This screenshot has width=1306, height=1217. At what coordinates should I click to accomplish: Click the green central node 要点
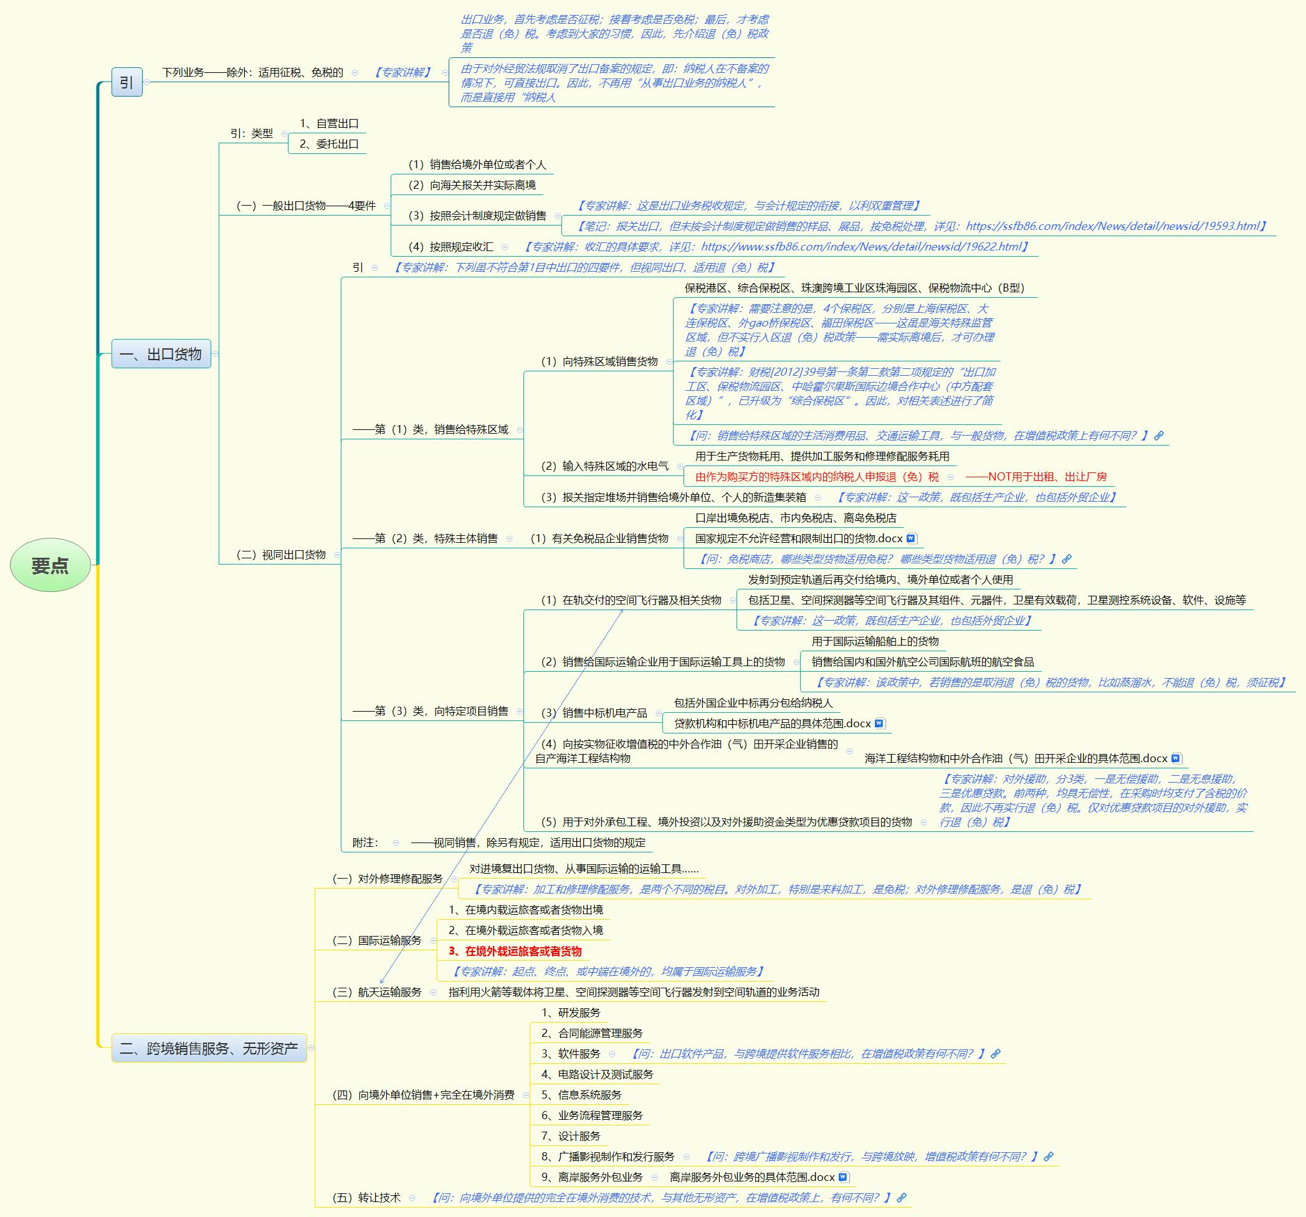[50, 565]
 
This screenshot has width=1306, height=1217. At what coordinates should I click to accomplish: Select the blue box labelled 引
[126, 82]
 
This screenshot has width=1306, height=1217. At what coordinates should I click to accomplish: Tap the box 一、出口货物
[161, 354]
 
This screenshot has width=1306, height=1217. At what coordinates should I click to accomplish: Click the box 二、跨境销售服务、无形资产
[209, 1048]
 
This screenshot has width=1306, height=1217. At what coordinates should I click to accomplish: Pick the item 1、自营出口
[329, 123]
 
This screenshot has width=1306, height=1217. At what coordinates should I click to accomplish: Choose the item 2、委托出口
[329, 144]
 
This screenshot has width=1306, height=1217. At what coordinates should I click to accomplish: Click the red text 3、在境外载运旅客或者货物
[515, 951]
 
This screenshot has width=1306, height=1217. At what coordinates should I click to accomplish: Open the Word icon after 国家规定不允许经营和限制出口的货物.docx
[911, 538]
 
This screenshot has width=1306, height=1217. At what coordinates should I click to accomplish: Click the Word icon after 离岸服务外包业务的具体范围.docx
[843, 1177]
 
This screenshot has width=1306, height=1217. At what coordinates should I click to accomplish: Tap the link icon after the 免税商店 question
[1066, 559]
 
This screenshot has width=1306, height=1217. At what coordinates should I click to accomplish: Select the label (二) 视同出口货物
[280, 555]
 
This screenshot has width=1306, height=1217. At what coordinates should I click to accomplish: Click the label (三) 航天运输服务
[377, 991]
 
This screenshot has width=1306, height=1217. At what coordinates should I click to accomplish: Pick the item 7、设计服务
[571, 1136]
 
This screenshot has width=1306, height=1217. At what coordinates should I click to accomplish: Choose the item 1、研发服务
[571, 1013]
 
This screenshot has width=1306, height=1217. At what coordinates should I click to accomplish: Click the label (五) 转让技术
[366, 1197]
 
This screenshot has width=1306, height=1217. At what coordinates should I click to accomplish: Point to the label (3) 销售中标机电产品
[594, 713]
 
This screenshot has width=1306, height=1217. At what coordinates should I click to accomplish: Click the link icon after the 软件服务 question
[996, 1053]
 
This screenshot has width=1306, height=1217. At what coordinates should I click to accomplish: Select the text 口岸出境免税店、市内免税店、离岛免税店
[796, 518]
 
